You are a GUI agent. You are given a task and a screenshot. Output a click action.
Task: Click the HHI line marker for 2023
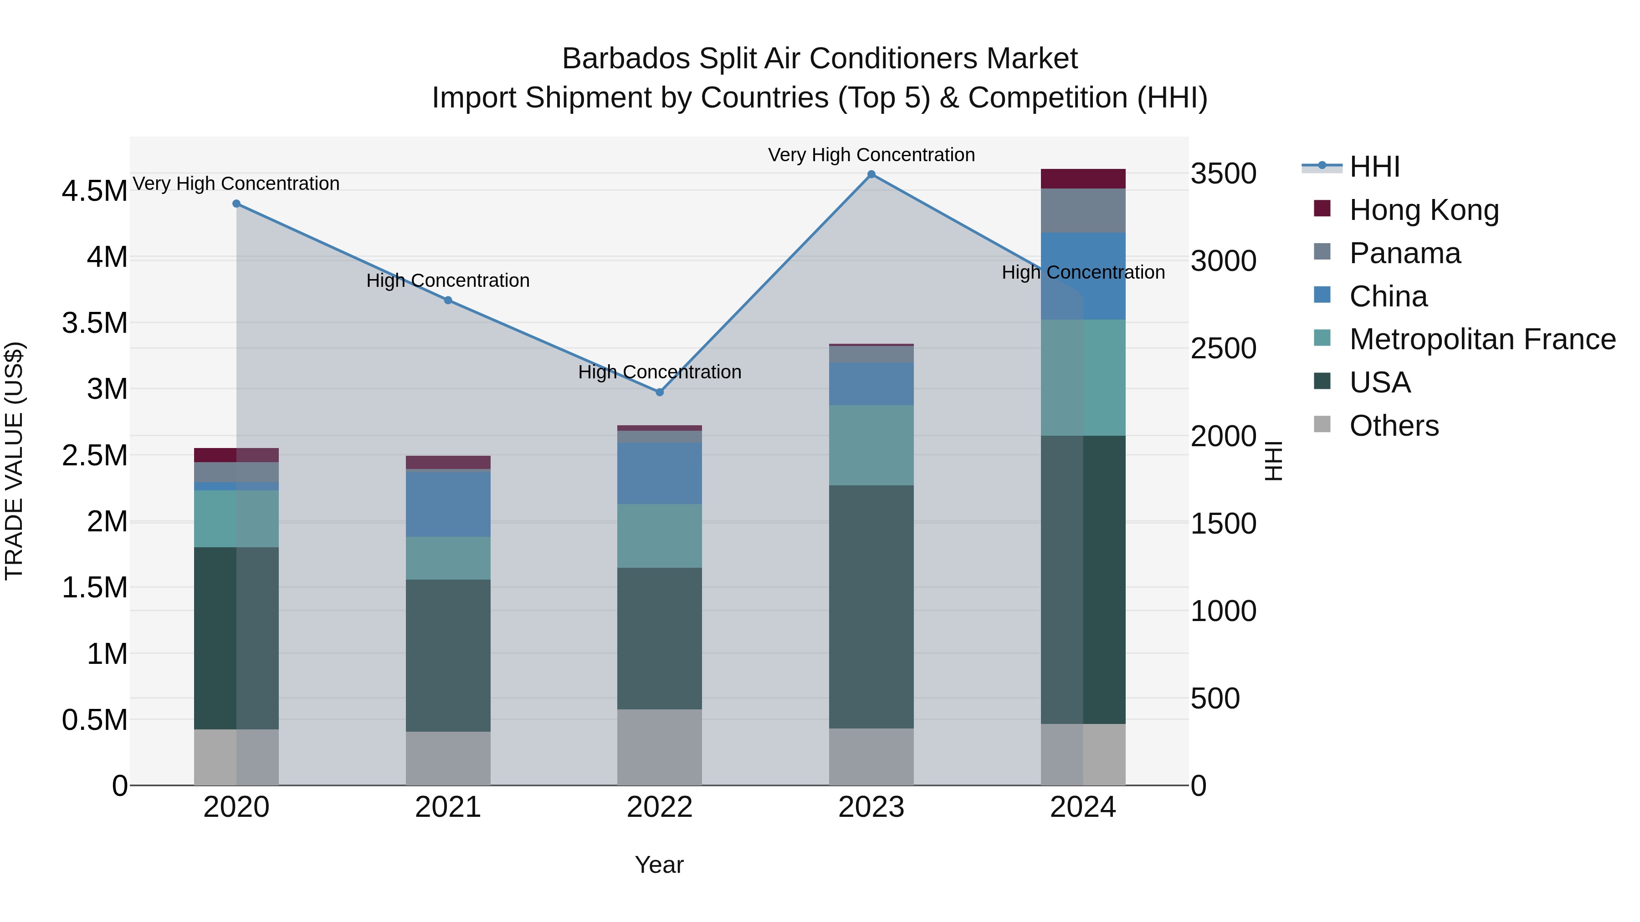tap(871, 174)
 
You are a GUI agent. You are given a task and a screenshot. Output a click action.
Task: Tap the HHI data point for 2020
tap(236, 204)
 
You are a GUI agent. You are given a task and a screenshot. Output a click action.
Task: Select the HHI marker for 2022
tap(660, 392)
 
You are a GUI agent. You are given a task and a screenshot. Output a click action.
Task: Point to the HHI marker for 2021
tap(448, 301)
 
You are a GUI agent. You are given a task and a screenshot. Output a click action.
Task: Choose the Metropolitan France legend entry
tap(1482, 339)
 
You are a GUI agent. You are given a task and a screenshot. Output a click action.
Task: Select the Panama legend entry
tap(1404, 253)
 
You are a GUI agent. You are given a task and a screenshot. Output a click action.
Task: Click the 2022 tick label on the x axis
tap(660, 807)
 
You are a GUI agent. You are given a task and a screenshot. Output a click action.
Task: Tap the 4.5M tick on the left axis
tap(94, 191)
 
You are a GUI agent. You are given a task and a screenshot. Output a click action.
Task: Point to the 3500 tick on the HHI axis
tap(1223, 174)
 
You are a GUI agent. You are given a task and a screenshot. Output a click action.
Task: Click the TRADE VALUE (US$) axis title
tap(14, 461)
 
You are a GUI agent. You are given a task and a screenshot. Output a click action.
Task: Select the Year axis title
tap(659, 865)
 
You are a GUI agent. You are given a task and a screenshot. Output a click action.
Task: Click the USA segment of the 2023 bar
tap(871, 606)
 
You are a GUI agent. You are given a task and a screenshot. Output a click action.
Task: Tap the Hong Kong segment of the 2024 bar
tap(1083, 179)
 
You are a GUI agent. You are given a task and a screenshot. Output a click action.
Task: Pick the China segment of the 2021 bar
tap(448, 504)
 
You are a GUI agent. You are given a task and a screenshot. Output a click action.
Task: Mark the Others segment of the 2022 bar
tap(660, 747)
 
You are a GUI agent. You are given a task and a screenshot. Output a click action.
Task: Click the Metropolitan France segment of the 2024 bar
tap(1083, 377)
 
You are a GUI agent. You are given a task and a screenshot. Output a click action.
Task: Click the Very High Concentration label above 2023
tap(871, 155)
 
